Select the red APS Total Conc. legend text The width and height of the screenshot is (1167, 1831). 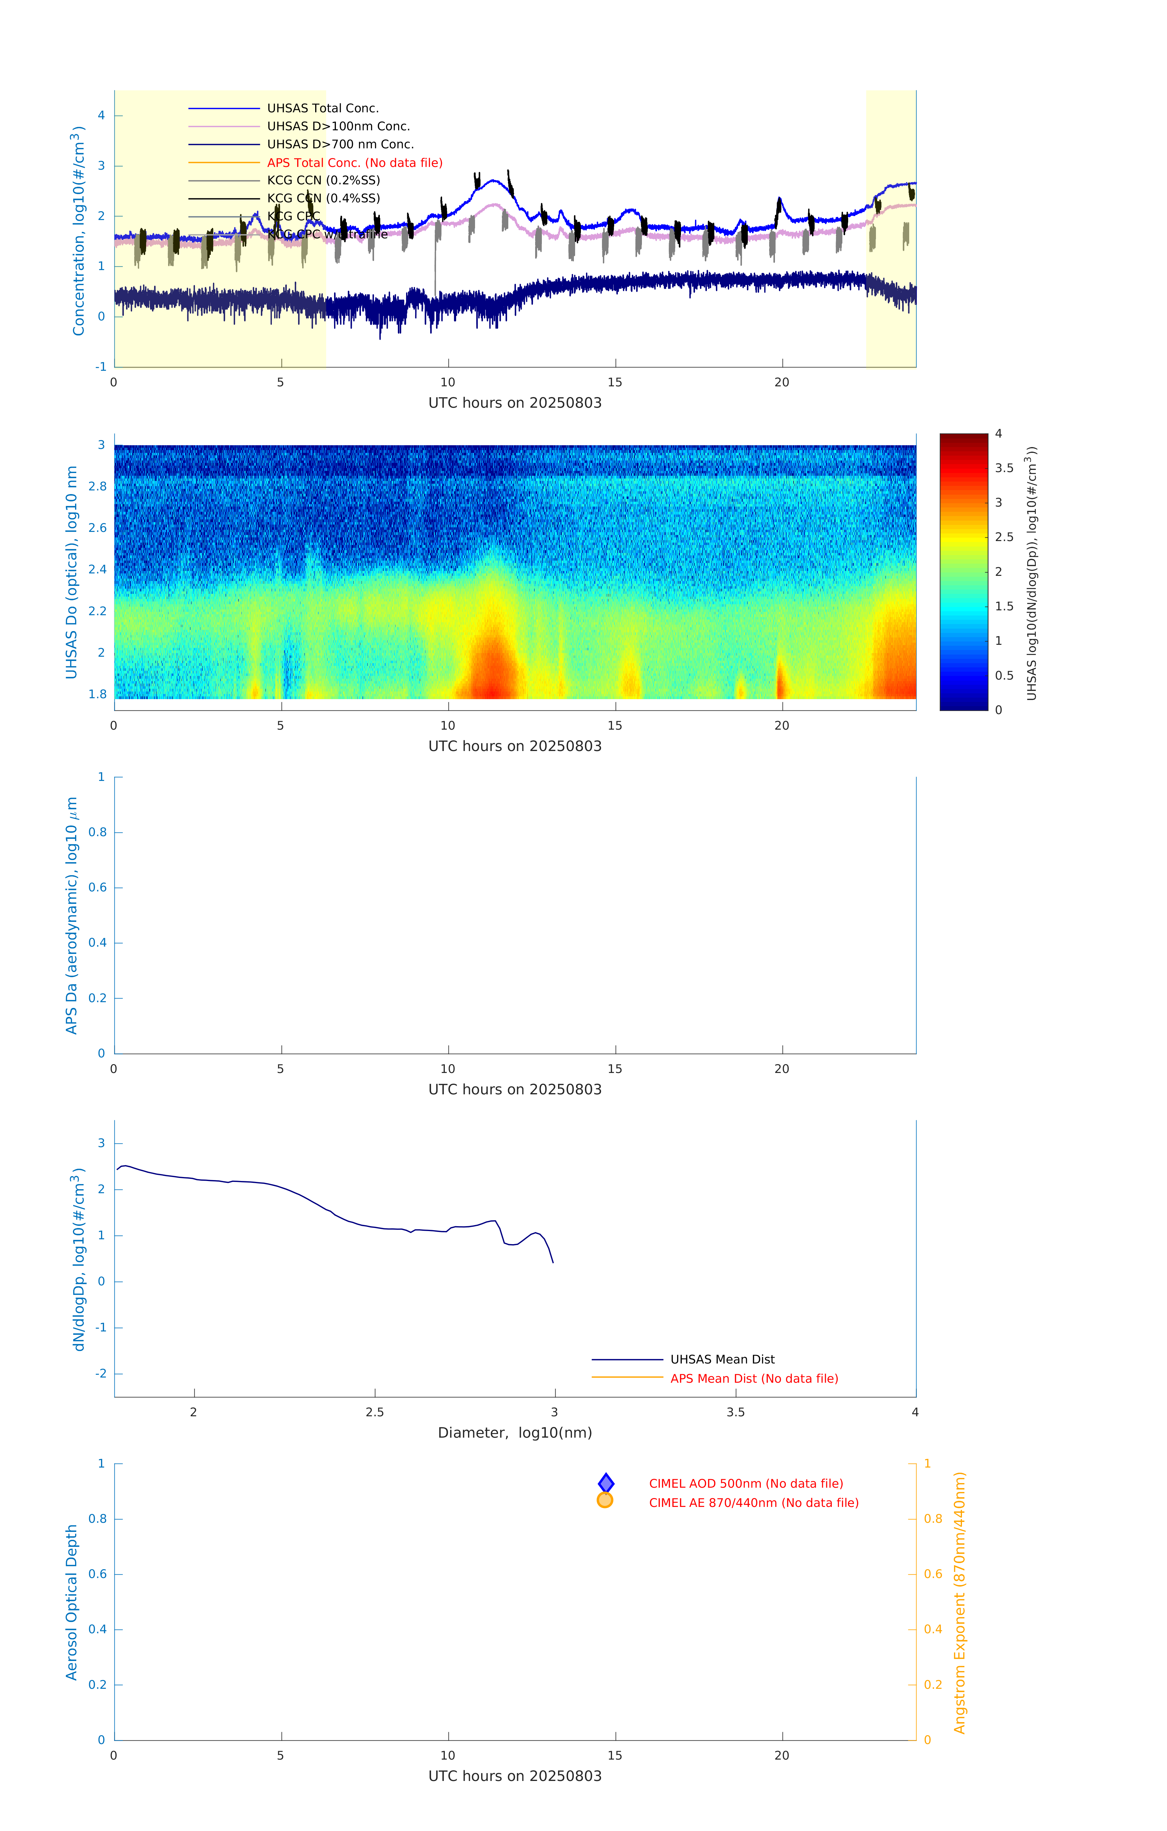(x=354, y=163)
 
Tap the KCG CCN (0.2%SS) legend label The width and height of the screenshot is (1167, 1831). (x=323, y=180)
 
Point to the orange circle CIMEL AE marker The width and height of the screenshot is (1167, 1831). (x=605, y=1500)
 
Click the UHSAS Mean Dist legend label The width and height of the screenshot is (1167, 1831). (x=722, y=1360)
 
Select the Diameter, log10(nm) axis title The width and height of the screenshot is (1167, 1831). (x=515, y=1432)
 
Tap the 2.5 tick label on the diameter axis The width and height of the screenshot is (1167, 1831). (x=375, y=1412)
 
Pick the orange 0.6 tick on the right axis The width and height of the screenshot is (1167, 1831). (x=933, y=1574)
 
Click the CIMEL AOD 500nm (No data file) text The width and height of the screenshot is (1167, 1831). (x=745, y=1483)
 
